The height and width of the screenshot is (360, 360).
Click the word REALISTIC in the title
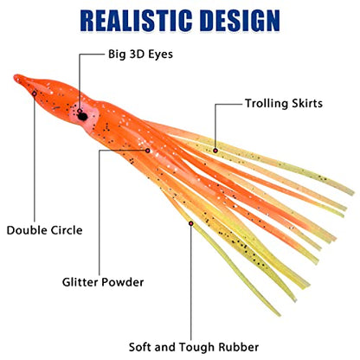tap(136, 21)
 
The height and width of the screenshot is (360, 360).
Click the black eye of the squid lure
tap(82, 116)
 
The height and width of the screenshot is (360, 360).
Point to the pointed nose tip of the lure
tap(16, 77)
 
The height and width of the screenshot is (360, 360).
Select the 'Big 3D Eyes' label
tap(140, 55)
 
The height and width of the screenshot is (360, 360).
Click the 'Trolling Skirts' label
tap(284, 103)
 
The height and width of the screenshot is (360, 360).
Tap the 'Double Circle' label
tap(44, 230)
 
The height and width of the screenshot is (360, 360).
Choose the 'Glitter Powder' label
tap(103, 282)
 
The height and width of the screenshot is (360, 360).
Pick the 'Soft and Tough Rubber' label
tap(194, 347)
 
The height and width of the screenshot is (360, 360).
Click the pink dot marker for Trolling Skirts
tap(215, 151)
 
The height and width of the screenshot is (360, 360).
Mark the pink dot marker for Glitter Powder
tap(148, 151)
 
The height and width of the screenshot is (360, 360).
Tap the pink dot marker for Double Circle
tap(35, 93)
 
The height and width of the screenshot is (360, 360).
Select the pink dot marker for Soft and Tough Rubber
tap(190, 223)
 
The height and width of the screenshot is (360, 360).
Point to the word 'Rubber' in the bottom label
tap(238, 347)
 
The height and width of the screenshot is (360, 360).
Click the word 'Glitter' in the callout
tap(80, 282)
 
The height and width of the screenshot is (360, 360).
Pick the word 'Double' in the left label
tap(27, 230)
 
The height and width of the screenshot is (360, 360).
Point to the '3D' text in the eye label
tap(137, 54)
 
